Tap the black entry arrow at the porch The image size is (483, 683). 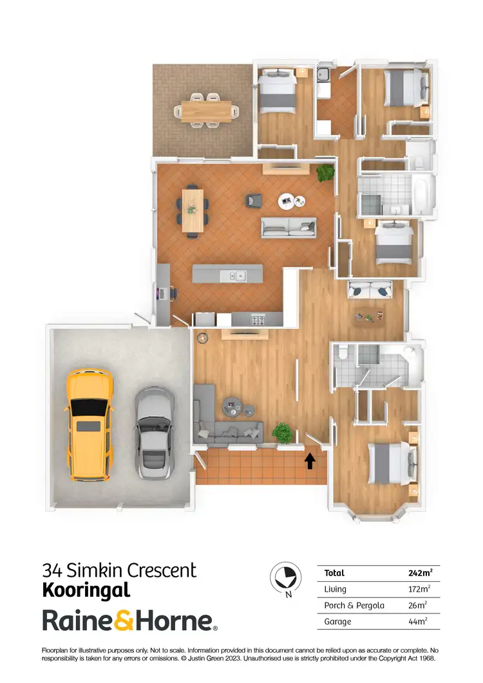(310, 461)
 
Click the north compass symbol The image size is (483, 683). (284, 575)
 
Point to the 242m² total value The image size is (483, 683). (420, 572)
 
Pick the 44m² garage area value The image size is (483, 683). (418, 622)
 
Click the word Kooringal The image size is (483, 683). (86, 590)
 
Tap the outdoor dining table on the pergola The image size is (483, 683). (206, 110)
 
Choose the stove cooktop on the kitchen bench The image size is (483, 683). (258, 320)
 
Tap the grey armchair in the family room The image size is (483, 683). (252, 200)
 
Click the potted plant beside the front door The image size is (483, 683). (281, 432)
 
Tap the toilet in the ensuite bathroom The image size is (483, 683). (345, 352)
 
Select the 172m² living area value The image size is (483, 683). (420, 588)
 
